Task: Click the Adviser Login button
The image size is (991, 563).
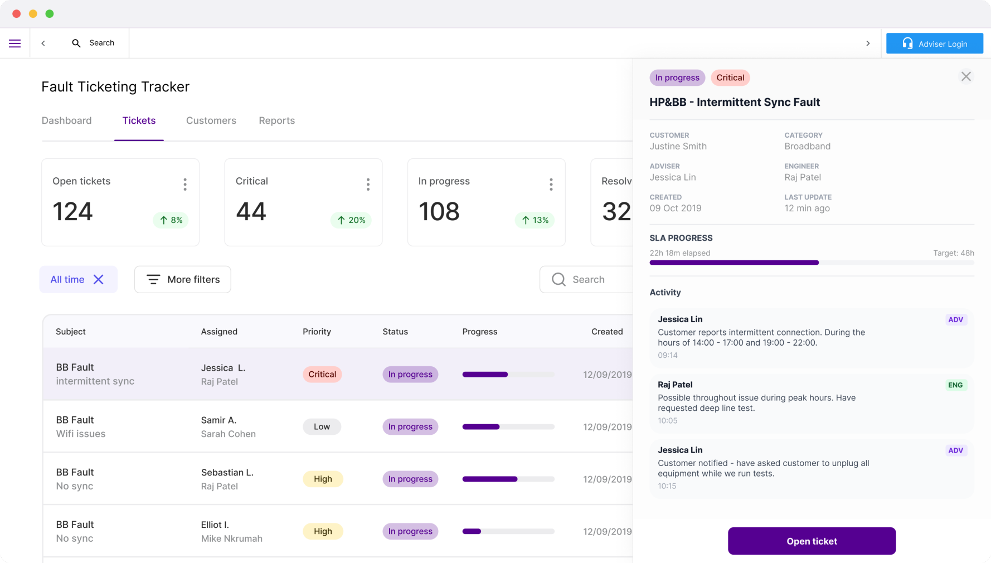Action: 935,43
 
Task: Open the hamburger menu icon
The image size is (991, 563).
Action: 15,43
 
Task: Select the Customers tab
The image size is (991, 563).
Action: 211,120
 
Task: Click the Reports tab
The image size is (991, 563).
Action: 277,120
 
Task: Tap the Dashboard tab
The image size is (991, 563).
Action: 67,120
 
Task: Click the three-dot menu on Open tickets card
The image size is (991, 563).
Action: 185,185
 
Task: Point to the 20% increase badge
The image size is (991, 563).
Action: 351,220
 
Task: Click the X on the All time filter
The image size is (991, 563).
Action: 99,279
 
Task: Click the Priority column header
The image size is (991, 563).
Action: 317,332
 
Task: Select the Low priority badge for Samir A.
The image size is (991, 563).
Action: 322,426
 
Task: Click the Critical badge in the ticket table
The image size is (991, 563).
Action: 322,374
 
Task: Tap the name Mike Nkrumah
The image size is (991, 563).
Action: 232,538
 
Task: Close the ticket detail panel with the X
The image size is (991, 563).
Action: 966,76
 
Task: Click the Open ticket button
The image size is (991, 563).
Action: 812,541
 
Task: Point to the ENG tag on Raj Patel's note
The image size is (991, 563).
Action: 955,385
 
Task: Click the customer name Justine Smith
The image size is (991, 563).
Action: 678,146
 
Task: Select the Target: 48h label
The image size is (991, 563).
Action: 954,253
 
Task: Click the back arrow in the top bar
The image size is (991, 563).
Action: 43,43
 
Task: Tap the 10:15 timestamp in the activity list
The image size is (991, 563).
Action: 667,486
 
